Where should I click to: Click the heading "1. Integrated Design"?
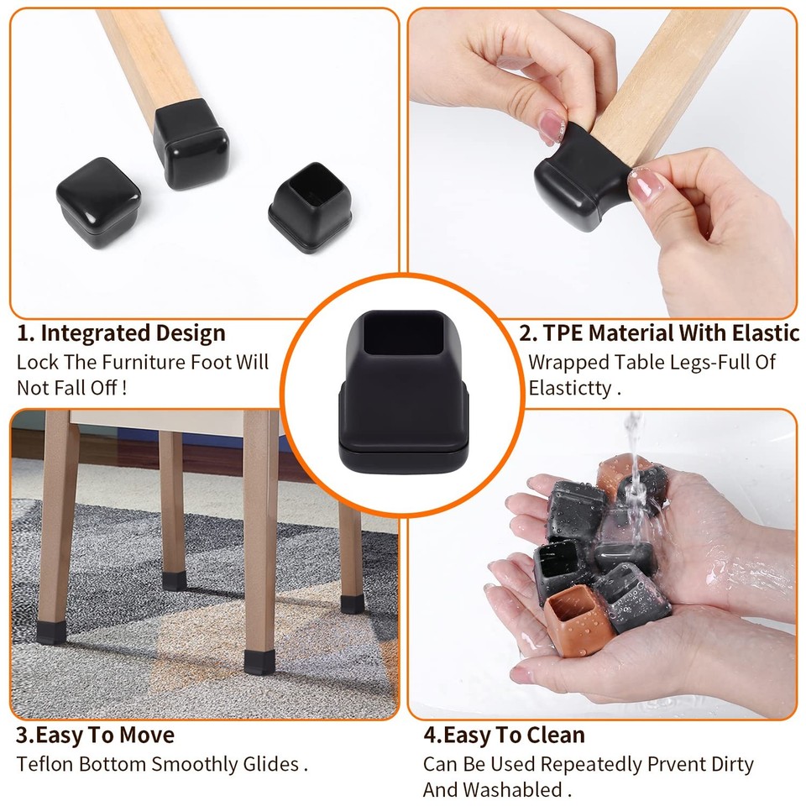121,333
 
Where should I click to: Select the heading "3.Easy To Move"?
95,735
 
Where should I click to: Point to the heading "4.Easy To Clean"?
504,735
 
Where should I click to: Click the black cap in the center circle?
403,389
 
